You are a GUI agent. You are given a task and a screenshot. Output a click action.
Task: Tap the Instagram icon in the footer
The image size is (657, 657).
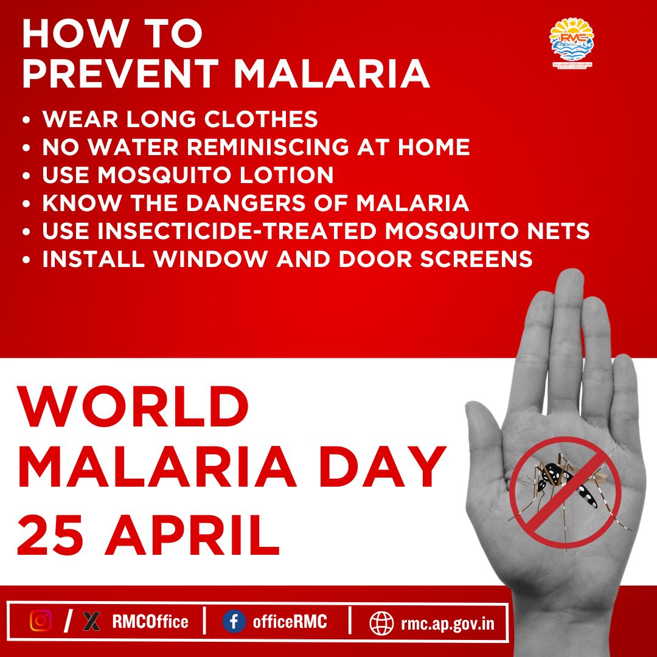[x=41, y=621]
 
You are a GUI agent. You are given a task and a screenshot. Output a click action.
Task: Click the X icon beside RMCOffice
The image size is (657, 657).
[x=91, y=621]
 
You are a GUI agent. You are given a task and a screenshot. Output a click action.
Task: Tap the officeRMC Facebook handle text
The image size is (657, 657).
[x=290, y=622]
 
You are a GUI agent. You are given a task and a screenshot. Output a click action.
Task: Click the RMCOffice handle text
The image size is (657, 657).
[x=150, y=622]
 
